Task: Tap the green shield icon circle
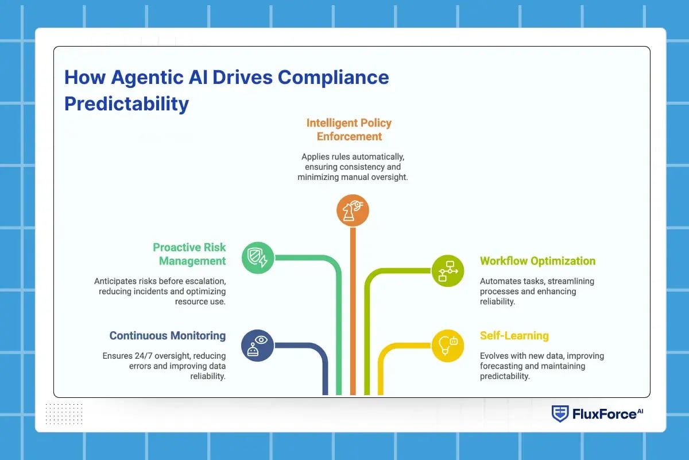(x=258, y=256)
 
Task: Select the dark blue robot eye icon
(x=258, y=345)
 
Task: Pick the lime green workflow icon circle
(x=447, y=270)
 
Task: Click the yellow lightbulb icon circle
(x=447, y=345)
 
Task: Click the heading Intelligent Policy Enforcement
(x=349, y=129)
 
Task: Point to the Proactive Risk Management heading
(x=189, y=254)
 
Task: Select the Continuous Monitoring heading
(x=168, y=336)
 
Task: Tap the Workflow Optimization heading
(x=537, y=261)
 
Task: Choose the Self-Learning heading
(x=514, y=336)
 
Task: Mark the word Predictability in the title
(x=126, y=104)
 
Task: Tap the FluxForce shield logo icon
(x=560, y=413)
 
